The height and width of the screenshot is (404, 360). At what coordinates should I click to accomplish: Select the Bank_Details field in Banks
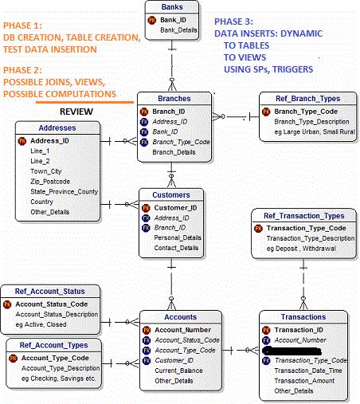click(178, 29)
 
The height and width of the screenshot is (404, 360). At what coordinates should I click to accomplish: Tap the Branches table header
click(174, 98)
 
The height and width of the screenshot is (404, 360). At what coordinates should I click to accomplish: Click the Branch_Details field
click(174, 151)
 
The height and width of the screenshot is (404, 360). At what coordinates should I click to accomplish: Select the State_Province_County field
click(64, 191)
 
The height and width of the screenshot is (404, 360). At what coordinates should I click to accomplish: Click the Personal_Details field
click(177, 237)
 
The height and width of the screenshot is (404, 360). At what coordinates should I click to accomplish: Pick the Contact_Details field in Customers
click(177, 248)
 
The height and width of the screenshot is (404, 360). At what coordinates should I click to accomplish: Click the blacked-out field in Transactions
click(299, 350)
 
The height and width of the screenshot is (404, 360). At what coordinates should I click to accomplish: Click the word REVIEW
click(76, 111)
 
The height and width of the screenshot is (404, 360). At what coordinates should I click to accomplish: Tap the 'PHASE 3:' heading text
click(237, 22)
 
